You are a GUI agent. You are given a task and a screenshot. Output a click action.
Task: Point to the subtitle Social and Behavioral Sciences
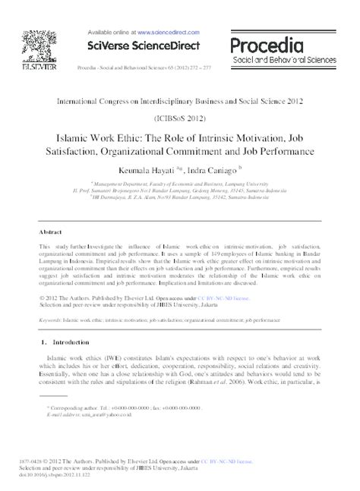295,58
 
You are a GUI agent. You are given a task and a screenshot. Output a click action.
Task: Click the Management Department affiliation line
177,183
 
